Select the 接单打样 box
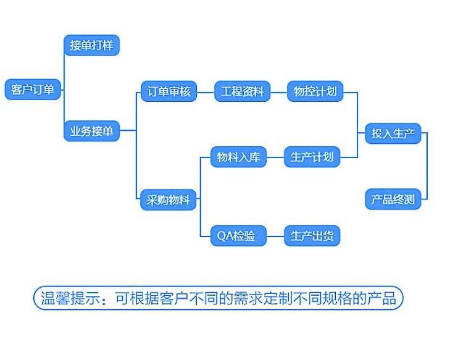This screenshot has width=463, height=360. [x=91, y=45]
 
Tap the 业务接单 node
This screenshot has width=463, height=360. [x=91, y=131]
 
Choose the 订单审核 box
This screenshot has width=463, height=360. [x=169, y=91]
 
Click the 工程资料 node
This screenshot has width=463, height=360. [x=242, y=91]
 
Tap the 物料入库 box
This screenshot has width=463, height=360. [x=238, y=157]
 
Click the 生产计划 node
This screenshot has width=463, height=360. [x=312, y=157]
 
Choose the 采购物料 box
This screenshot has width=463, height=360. [x=169, y=199]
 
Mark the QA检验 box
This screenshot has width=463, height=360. [x=238, y=236]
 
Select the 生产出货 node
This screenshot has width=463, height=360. [x=312, y=236]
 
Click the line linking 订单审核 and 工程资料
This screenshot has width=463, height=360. [x=206, y=92]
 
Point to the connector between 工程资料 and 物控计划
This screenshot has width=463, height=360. [x=279, y=92]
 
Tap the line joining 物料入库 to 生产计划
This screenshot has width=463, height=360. [x=275, y=157]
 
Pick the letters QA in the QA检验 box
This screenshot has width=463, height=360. [x=223, y=236]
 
